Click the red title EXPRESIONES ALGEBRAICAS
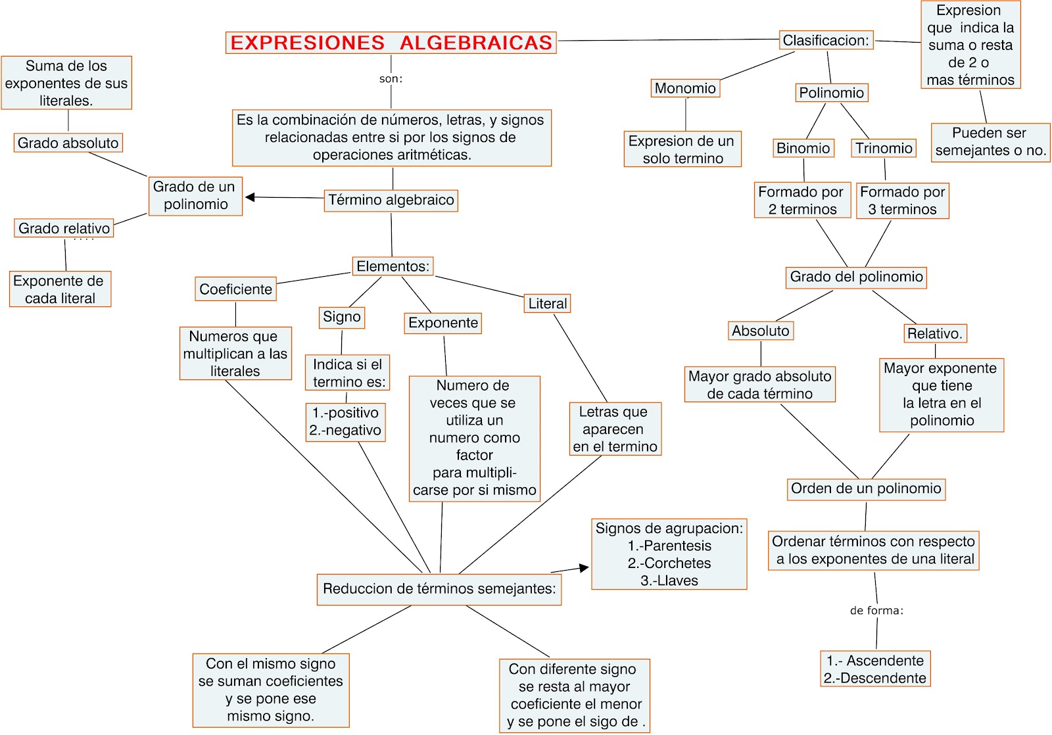click(391, 43)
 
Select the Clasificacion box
click(826, 40)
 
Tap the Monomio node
click(685, 88)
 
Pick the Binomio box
click(803, 148)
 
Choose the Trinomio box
click(884, 148)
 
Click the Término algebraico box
click(391, 200)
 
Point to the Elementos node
click(393, 266)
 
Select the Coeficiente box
click(235, 289)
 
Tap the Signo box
click(342, 317)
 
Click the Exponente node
click(443, 323)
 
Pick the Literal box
click(547, 303)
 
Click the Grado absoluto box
click(68, 143)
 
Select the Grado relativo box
click(64, 228)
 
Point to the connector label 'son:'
click(391, 79)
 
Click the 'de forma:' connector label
click(876, 611)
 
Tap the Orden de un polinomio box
click(866, 488)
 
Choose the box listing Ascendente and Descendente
click(875, 669)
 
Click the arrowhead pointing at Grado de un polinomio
click(250, 197)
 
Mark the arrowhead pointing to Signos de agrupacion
click(584, 567)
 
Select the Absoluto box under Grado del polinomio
click(761, 331)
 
